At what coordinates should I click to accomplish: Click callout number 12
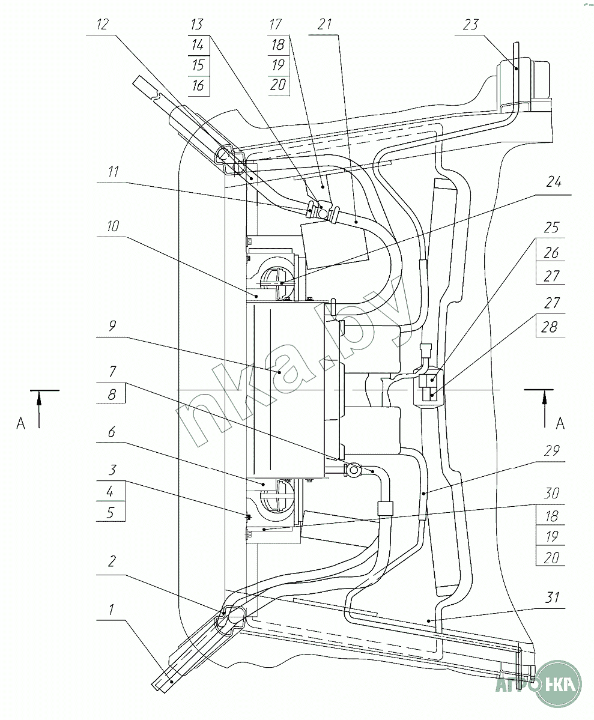[103, 25]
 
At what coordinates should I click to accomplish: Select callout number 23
[470, 25]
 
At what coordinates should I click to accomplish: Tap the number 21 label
[324, 25]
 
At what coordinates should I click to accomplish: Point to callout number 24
[554, 182]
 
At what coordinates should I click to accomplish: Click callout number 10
[112, 226]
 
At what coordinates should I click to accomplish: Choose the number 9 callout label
[112, 326]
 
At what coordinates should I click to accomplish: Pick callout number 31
[552, 597]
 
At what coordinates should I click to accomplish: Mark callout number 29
[552, 450]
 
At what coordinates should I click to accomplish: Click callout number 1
[111, 610]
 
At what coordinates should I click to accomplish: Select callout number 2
[112, 561]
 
